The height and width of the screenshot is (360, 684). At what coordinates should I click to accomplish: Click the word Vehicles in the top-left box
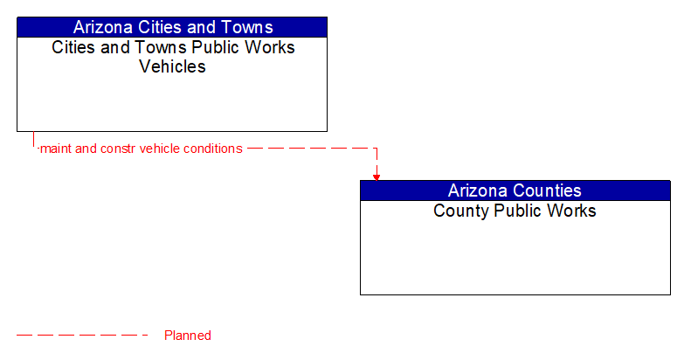coord(172,66)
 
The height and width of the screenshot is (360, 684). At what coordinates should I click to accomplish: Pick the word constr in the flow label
coord(119,149)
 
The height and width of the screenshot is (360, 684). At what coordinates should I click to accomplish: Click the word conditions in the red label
coord(211,149)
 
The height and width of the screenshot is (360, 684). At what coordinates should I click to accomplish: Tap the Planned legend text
coord(187,336)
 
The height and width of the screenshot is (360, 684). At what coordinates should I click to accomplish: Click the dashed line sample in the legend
coord(83,335)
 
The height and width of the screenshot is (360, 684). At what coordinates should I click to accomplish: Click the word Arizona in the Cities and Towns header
coord(106,27)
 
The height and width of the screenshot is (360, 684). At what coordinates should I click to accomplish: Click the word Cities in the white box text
coord(73,47)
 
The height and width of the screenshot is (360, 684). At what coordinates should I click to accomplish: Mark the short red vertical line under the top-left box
coord(33,140)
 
